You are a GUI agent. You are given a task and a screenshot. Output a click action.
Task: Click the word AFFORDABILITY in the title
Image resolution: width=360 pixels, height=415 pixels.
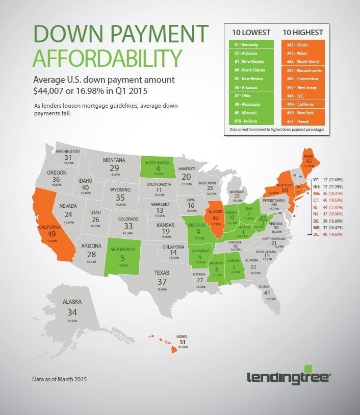tap(104, 58)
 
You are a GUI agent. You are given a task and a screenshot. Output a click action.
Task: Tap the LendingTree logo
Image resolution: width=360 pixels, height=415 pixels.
tap(290, 378)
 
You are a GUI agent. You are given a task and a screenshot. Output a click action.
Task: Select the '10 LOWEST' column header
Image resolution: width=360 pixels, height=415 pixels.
tap(251, 32)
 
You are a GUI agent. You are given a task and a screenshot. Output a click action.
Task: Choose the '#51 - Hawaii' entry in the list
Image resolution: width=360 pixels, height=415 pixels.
tap(302, 121)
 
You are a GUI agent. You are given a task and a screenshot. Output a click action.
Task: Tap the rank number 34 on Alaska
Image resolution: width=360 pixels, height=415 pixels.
tap(72, 311)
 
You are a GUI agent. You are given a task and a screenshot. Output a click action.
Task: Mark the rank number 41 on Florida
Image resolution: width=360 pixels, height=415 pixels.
tap(267, 293)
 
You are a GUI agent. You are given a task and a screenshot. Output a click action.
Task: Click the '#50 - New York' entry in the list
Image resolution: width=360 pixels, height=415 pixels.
tap(302, 113)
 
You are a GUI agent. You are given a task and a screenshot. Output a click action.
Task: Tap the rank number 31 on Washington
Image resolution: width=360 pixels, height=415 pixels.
tap(68, 158)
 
